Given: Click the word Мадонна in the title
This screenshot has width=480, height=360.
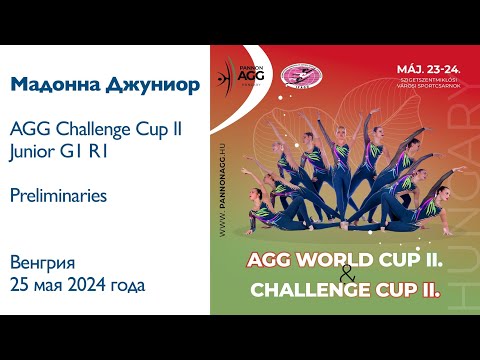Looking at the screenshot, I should coord(50,85).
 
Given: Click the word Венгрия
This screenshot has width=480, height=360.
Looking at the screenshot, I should coord(42,263).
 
